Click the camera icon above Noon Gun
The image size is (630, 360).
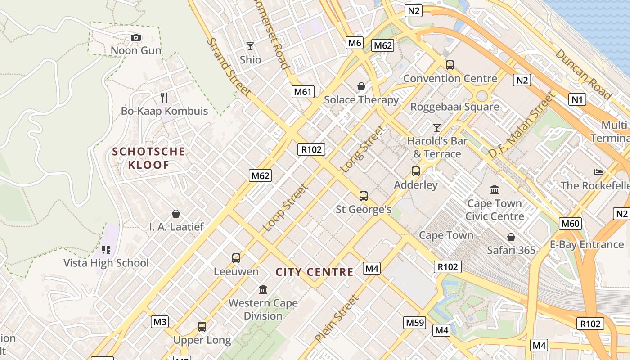[136, 38]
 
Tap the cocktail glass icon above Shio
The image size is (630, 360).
[250, 46]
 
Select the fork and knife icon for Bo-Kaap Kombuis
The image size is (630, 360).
[164, 97]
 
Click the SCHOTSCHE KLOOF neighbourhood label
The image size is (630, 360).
[148, 158]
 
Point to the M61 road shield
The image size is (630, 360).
[303, 92]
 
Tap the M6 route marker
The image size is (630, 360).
[355, 43]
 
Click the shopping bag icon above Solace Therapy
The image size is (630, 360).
[361, 86]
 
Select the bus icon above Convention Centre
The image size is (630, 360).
[450, 65]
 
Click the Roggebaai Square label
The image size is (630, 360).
[454, 107]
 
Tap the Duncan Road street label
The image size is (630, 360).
[583, 74]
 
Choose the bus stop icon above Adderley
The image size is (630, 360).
[416, 171]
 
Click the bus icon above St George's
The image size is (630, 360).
[364, 196]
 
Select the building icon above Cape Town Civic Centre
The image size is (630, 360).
[495, 189]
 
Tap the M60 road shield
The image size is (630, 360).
[571, 224]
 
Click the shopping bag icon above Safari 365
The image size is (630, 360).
[511, 237]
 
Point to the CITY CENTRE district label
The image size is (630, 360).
[315, 272]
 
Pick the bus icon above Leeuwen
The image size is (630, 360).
[236, 258]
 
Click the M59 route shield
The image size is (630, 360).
[414, 322]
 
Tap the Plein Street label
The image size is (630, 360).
[337, 318]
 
